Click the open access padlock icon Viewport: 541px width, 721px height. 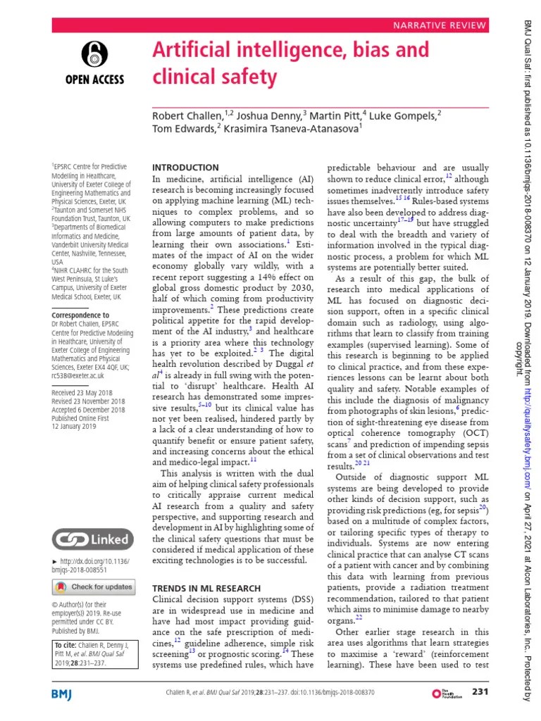94,54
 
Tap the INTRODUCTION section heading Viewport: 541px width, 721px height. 186,168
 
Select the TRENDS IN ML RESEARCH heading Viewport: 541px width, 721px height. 206,588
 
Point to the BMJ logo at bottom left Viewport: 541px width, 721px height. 68,694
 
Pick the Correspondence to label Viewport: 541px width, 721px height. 80,315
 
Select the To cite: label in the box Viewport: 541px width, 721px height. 66,646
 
